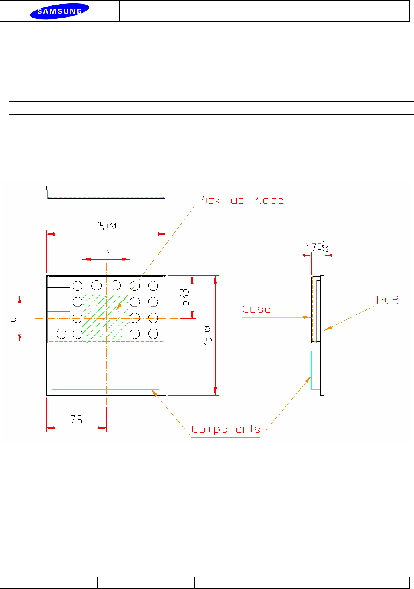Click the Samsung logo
(x=59, y=11)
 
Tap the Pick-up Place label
(x=241, y=200)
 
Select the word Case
(x=256, y=309)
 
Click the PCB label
(x=387, y=300)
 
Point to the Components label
(x=226, y=429)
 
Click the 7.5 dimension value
(x=76, y=420)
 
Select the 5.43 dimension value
(x=185, y=297)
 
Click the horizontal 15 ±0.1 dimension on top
(x=106, y=226)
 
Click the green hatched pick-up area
(x=106, y=318)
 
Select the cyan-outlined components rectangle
(x=106, y=370)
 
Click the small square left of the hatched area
(x=59, y=300)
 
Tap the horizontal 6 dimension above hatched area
(x=107, y=252)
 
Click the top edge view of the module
(x=106, y=192)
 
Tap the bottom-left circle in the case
(x=61, y=334)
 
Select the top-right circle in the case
(x=153, y=285)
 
